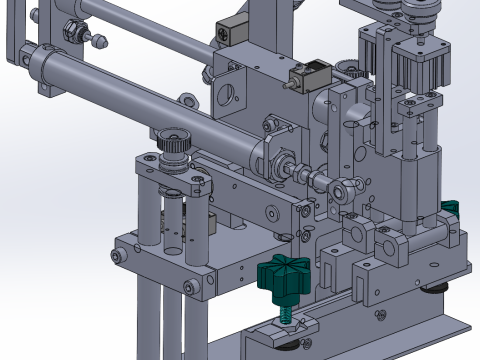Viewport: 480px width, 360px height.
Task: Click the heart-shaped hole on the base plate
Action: [x=381, y=319]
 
